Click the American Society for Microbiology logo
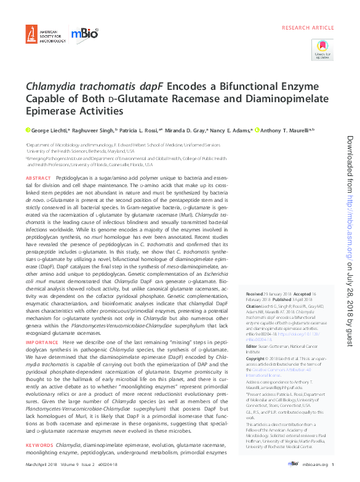click(x=44, y=33)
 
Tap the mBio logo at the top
click(x=85, y=34)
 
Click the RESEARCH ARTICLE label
click(x=308, y=29)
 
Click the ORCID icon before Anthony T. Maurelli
click(x=257, y=131)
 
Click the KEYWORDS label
click(x=39, y=444)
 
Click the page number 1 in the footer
click(x=332, y=464)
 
